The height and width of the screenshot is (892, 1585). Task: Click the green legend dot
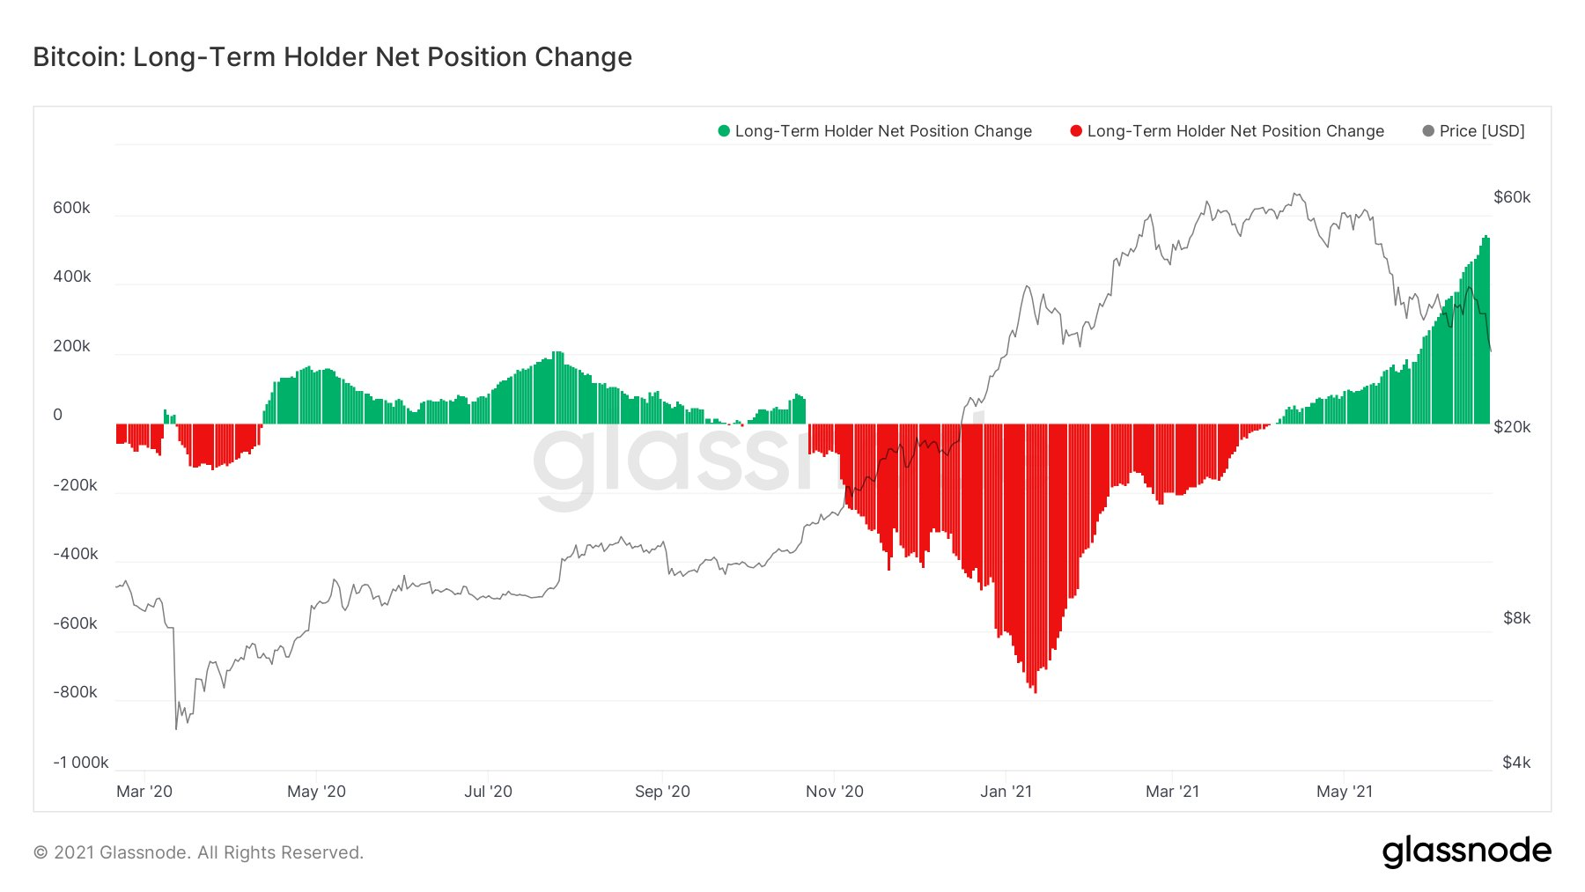(724, 131)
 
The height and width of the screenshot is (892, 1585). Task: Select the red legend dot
(1075, 131)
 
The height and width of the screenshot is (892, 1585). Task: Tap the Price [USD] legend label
(1481, 131)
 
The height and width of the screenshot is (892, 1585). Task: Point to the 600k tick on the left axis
(71, 208)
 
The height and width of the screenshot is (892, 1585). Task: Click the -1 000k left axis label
(80, 763)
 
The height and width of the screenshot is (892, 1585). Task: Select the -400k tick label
(75, 554)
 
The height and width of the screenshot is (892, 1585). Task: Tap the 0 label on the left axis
(58, 415)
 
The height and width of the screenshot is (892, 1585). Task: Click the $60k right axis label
(1512, 197)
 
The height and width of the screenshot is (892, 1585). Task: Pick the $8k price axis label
(1516, 618)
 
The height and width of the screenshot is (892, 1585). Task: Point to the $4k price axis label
(1516, 763)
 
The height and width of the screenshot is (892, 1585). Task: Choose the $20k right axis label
(1512, 427)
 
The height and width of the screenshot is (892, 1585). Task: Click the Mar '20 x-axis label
(144, 792)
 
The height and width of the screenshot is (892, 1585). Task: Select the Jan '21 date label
(1006, 792)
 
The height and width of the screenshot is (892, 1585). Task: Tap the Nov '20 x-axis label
(834, 792)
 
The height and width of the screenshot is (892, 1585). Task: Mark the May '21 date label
(1344, 792)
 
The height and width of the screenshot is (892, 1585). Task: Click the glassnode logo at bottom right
(1466, 851)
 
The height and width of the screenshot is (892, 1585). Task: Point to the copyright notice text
(198, 852)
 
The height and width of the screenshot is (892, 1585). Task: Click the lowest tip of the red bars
(1036, 692)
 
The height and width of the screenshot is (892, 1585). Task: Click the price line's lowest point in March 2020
(176, 728)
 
